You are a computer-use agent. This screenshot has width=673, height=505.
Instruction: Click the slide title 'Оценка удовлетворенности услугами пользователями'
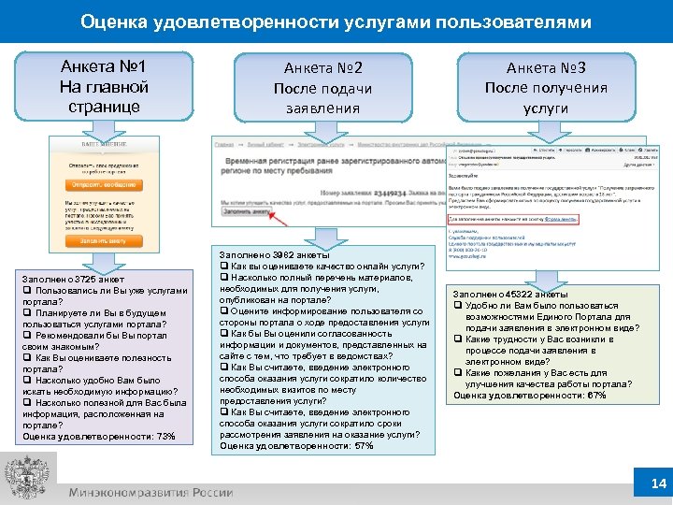pos(336,21)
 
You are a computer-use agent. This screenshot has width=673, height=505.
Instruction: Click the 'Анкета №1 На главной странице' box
pos(104,87)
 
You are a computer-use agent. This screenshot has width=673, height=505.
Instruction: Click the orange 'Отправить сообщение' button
pos(103,183)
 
